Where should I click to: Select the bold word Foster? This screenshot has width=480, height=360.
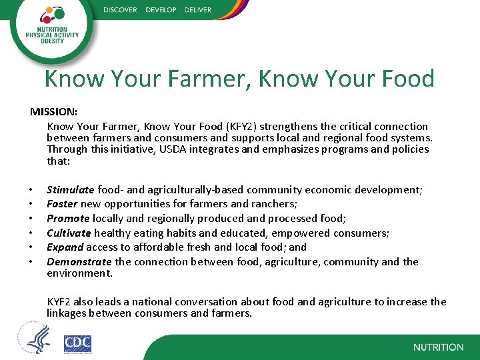pyautogui.click(x=62, y=204)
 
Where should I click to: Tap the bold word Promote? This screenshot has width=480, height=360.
pyautogui.click(x=68, y=219)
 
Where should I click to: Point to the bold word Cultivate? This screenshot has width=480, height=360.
pyautogui.click(x=69, y=233)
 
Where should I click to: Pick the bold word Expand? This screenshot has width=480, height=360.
pyautogui.click(x=65, y=247)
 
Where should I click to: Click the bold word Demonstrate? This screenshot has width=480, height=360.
pyautogui.click(x=78, y=262)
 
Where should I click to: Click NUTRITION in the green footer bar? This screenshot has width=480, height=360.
pyautogui.click(x=438, y=347)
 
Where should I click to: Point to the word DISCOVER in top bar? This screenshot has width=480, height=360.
pyautogui.click(x=120, y=10)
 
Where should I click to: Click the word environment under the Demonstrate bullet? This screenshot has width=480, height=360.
pyautogui.click(x=79, y=273)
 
